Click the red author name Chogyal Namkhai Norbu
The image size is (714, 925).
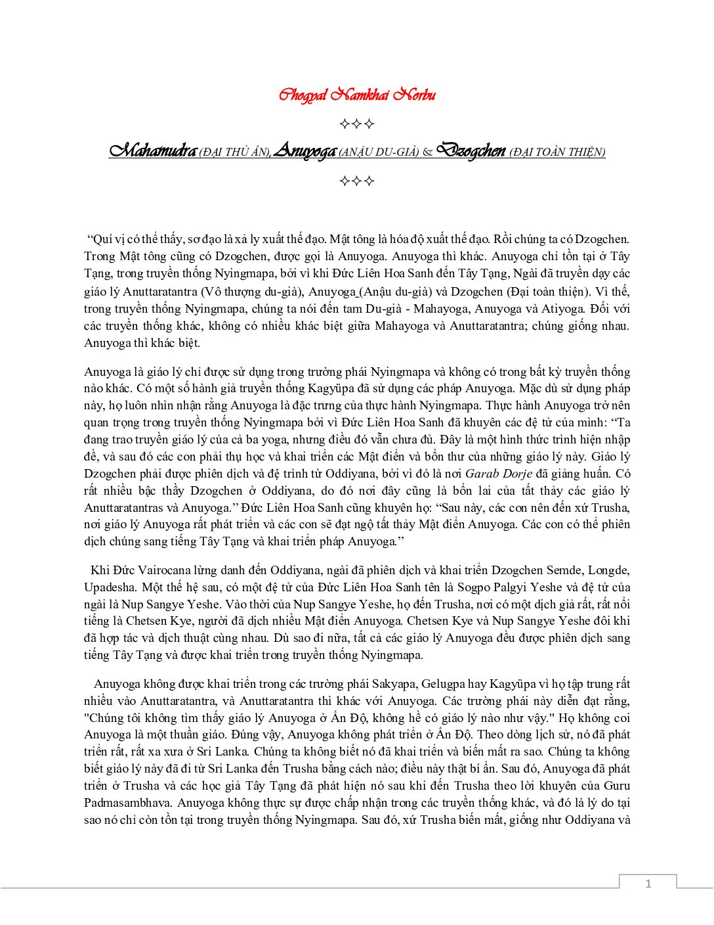357,95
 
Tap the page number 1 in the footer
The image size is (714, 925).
648,884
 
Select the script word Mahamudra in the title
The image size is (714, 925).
152,151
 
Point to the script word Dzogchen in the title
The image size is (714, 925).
471,151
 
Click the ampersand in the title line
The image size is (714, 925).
427,152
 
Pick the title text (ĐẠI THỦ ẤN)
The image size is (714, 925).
234,152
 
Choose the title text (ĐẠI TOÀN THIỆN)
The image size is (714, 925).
557,152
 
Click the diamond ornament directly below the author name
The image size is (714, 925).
357,124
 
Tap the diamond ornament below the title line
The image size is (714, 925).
357,181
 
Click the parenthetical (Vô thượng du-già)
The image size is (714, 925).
250,292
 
